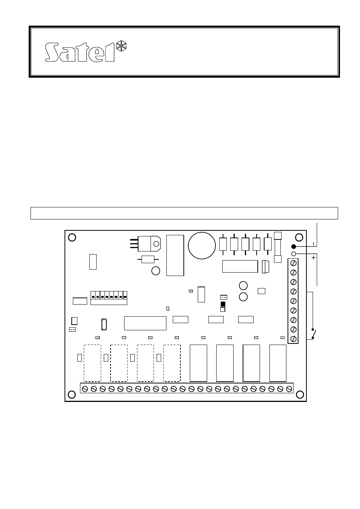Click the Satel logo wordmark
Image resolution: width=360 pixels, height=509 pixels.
tap(80, 52)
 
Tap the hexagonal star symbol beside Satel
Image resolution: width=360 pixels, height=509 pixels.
tap(121, 47)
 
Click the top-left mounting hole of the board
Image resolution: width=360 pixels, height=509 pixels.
tap(72, 237)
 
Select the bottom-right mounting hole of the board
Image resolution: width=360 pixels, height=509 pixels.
tap(300, 394)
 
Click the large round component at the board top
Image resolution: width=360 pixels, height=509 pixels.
tap(202, 245)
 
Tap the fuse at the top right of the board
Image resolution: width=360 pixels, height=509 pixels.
tap(278, 247)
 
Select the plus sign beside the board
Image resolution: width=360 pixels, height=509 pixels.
tap(313, 258)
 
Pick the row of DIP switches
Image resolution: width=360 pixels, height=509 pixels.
tap(109, 297)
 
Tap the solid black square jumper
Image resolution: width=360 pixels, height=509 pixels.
tap(223, 304)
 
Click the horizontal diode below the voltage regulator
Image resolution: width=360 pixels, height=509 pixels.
tap(148, 259)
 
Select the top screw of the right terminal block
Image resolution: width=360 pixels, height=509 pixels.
tap(293, 263)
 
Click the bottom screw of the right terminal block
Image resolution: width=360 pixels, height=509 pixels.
tap(293, 339)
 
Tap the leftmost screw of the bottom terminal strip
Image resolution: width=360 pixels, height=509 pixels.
tap(85, 388)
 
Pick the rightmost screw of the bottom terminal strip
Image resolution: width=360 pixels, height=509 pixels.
tap(289, 388)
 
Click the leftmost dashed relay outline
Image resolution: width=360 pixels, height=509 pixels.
tap(92, 363)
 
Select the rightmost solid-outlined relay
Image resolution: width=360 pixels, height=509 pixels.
tap(278, 363)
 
